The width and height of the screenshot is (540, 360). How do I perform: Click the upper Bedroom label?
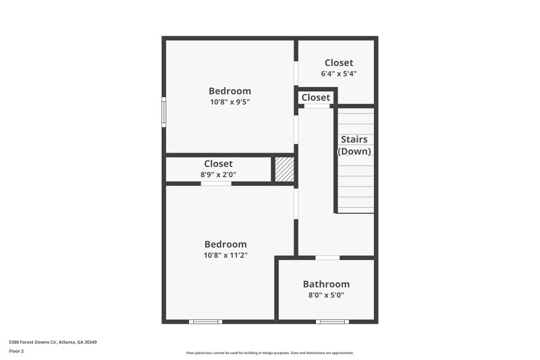point(230,91)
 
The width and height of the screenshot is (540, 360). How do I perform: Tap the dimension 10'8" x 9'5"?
point(230,103)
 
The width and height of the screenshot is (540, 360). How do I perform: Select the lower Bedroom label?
point(225,244)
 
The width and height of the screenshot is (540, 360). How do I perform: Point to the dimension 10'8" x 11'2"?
point(225,255)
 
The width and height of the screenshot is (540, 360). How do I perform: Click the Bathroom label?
point(326,284)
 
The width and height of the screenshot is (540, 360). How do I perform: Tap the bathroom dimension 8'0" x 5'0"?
point(326,295)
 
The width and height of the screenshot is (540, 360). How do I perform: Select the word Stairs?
point(354,140)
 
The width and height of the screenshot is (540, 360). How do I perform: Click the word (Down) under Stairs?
point(354,151)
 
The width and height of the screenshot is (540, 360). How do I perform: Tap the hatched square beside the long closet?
point(284,169)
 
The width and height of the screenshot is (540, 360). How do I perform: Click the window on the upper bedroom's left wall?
point(163,111)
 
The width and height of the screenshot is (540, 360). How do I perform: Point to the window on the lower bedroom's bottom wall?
point(205,322)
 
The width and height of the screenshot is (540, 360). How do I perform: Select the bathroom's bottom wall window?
point(332,322)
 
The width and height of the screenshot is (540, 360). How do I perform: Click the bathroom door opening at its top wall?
point(327,257)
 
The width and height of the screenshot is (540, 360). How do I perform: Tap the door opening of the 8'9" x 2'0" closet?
point(216,184)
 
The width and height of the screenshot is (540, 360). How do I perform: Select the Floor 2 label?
point(17,351)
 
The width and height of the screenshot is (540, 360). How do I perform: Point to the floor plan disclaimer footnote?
point(269,353)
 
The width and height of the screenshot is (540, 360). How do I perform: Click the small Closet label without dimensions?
point(316,97)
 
